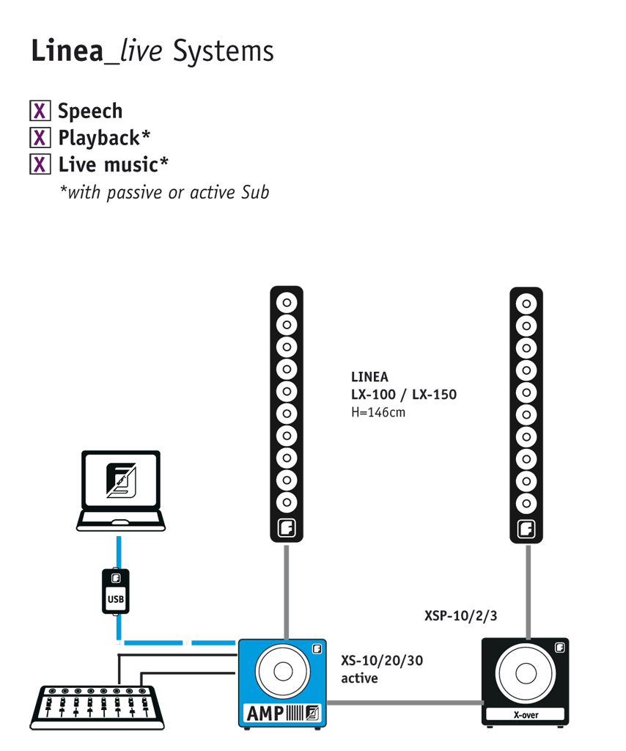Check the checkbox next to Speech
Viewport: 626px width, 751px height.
click(40, 111)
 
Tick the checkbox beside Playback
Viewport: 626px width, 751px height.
click(40, 138)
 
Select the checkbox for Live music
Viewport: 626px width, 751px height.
click(40, 165)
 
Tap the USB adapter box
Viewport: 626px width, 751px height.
click(116, 591)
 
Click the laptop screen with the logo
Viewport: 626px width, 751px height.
click(121, 480)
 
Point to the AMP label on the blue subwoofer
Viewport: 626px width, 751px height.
click(265, 714)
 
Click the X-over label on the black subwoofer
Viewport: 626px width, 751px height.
click(526, 715)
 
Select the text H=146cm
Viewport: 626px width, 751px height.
click(378, 412)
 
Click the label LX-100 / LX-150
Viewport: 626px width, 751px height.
click(404, 395)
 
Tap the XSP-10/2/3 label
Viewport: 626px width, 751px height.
click(460, 616)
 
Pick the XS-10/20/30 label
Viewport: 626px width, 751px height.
click(382, 661)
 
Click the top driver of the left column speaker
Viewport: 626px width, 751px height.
click(287, 303)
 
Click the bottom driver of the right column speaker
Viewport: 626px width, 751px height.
click(526, 503)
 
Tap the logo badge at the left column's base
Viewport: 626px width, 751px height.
click(287, 528)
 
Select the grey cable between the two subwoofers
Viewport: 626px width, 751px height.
click(405, 703)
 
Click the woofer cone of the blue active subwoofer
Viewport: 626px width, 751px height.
click(283, 671)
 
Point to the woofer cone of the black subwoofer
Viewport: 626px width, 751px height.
click(526, 673)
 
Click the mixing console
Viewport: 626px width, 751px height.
click(97, 708)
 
